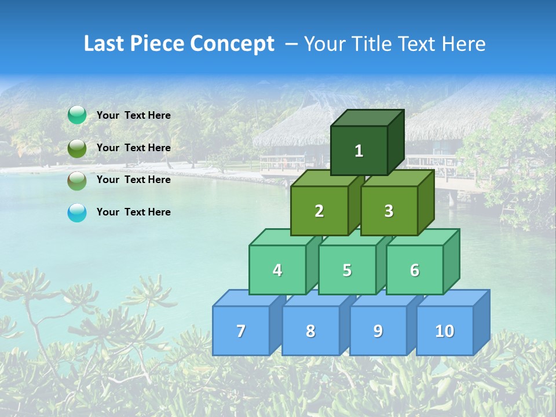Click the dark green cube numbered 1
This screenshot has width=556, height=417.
click(359, 151)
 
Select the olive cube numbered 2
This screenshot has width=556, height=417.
click(319, 211)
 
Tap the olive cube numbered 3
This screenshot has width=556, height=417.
click(389, 211)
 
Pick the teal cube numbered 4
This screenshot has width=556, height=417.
click(277, 270)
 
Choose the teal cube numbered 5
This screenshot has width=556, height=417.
click(347, 270)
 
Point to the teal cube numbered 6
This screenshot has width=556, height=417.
click(415, 270)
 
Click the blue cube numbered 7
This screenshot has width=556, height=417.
click(241, 331)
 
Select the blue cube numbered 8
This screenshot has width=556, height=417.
click(310, 331)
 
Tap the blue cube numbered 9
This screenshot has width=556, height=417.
click(378, 331)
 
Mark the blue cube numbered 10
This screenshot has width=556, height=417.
click(445, 331)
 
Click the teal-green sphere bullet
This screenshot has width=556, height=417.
click(77, 115)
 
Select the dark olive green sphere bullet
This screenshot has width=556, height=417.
click(77, 148)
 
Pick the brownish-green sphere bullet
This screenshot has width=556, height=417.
click(77, 181)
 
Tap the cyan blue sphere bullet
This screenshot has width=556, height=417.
click(77, 213)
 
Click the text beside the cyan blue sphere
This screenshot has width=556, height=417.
click(133, 212)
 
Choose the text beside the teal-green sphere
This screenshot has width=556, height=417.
click(133, 115)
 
